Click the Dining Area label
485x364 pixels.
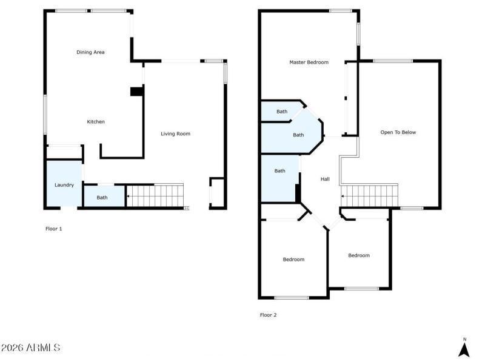coord(90,52)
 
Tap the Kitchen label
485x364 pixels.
coord(96,122)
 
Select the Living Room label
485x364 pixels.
coord(175,133)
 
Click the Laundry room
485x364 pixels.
coord(64,184)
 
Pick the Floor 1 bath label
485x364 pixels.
coord(102,197)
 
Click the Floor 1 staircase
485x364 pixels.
coord(156,196)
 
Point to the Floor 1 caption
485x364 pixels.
coord(54,229)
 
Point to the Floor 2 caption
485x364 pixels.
coord(268,315)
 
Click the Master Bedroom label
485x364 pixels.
coord(309,62)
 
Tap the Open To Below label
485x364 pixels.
coord(398,132)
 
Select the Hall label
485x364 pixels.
coord(325,179)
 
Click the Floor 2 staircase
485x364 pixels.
coord(370,196)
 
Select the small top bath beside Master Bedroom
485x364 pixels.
coord(282,111)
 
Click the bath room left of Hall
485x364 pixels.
coord(279,171)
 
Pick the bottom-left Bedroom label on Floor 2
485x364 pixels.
coord(293,260)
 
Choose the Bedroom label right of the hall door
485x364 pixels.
coord(358,255)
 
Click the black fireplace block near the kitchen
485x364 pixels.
coord(138,92)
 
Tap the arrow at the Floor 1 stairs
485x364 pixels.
coord(129,196)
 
